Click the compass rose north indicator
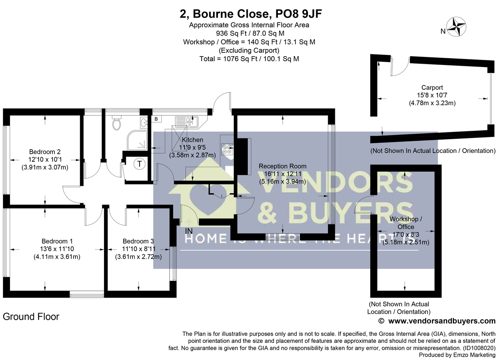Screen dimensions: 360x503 pos(457,27)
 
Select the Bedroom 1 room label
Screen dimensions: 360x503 pos(57,241)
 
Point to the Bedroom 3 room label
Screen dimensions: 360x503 pos(138,241)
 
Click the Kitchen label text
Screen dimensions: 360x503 pos(192,140)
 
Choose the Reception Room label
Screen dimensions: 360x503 pos(282,166)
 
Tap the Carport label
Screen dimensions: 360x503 pos(432,88)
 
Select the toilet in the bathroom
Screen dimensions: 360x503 pos(117,123)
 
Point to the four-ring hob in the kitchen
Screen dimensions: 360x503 pos(227,150)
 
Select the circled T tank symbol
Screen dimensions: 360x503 pos(139,164)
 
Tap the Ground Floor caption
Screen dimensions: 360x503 pos(31,317)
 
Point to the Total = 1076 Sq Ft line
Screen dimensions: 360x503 pos(249,59)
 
